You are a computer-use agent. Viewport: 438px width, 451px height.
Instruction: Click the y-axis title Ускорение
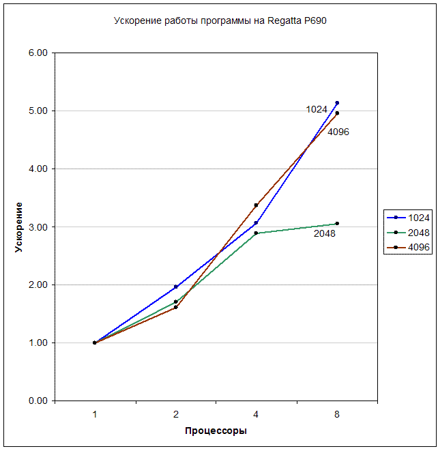(x=19, y=227)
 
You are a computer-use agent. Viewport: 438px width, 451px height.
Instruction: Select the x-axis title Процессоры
(x=216, y=431)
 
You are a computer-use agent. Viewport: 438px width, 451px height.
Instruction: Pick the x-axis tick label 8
(x=337, y=414)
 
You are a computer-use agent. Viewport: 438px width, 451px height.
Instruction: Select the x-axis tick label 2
(x=175, y=414)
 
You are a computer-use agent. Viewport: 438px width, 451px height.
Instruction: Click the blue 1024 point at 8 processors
(x=337, y=103)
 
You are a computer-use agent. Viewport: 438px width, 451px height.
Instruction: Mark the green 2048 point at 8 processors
(x=337, y=224)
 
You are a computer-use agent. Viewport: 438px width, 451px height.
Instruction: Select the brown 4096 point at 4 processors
(x=256, y=205)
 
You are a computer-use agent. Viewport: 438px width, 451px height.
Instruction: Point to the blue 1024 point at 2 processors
(x=175, y=287)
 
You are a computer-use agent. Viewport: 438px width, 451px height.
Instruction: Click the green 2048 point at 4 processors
(x=256, y=233)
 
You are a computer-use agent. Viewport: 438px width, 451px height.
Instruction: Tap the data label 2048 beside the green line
(x=324, y=234)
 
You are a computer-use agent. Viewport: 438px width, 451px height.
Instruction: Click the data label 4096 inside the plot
(x=338, y=132)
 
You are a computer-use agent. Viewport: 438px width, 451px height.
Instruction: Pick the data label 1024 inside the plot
(x=317, y=109)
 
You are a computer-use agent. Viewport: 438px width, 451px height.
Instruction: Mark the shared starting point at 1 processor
(x=95, y=343)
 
